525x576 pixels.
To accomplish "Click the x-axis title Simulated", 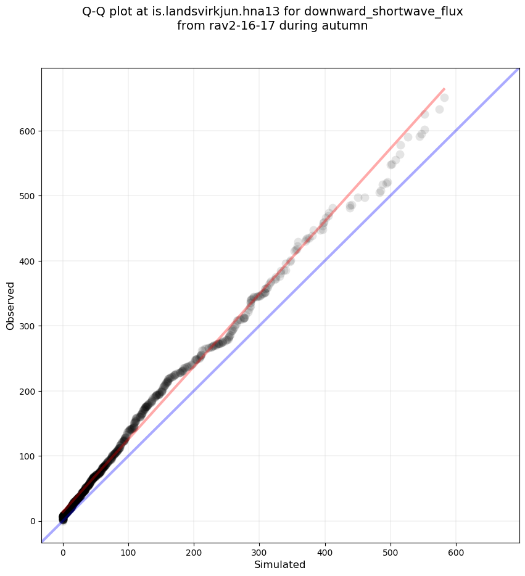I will (280, 564).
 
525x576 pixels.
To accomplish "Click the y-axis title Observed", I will (10, 305).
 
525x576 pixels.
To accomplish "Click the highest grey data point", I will (444, 97).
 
